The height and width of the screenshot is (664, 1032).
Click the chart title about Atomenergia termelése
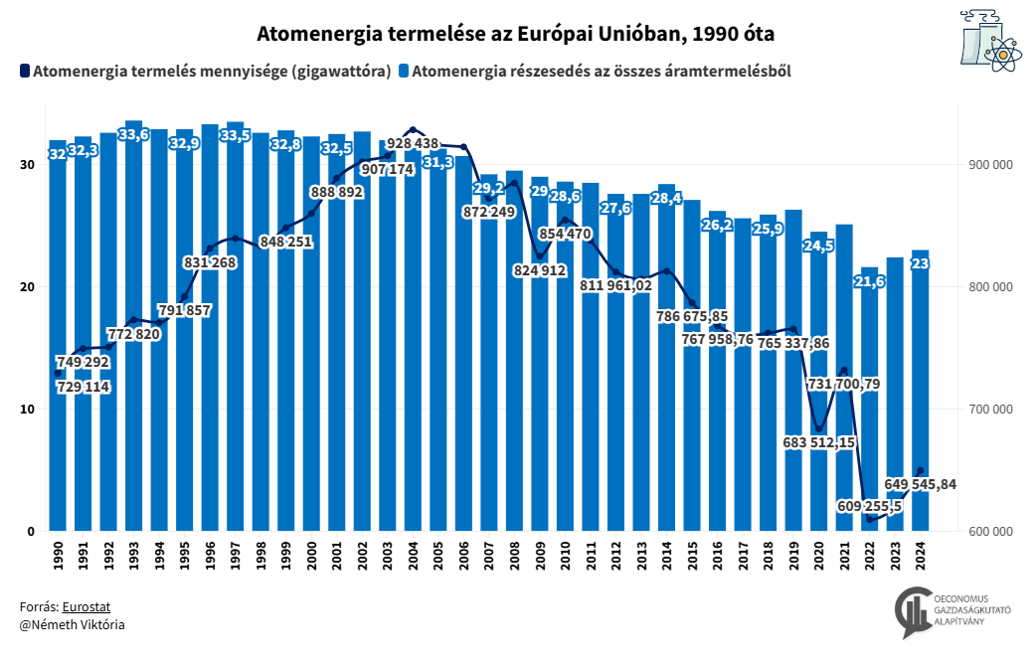pos(515,34)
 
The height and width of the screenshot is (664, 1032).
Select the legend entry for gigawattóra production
pos(204,72)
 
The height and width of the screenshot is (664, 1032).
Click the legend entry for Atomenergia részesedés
pos(594,72)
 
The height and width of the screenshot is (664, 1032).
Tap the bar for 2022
pos(869,398)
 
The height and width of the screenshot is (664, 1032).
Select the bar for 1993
pos(134,328)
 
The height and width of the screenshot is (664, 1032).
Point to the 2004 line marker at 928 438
pos(414,130)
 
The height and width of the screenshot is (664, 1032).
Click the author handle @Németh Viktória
pos(72,624)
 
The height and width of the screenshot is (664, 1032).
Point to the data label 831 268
pos(210,262)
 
